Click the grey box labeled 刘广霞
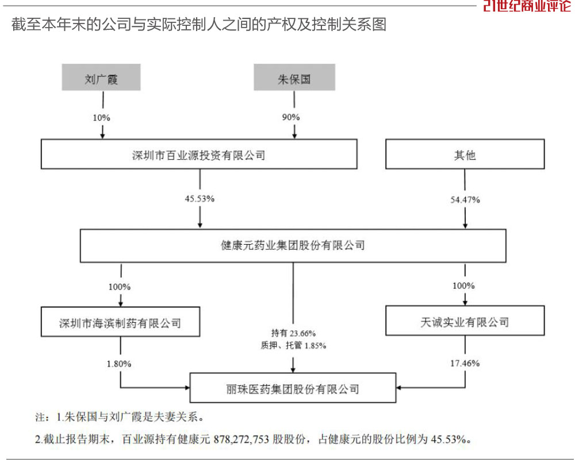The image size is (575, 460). click(x=101, y=78)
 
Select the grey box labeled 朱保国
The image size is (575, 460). click(x=294, y=78)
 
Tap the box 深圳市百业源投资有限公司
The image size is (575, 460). click(x=199, y=154)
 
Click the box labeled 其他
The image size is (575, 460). click(x=465, y=154)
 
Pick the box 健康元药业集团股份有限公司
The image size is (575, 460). click(x=293, y=246)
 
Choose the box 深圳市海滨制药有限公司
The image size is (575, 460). click(x=120, y=322)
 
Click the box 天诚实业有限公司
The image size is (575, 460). click(x=465, y=320)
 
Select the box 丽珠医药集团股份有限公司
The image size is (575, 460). click(x=293, y=388)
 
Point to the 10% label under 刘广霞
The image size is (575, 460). click(x=102, y=118)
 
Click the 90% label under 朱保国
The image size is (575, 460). click(x=291, y=117)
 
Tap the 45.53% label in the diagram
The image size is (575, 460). click(x=200, y=199)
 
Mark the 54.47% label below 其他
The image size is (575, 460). click(x=465, y=200)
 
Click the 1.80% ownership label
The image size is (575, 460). click(x=119, y=364)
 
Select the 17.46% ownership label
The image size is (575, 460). click(x=465, y=364)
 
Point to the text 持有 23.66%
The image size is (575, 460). click(x=293, y=333)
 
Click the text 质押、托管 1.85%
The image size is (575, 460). click(x=293, y=345)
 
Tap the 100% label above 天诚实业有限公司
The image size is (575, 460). click(x=463, y=285)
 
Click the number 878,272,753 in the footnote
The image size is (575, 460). click(x=241, y=439)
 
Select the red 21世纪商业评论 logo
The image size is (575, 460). click(x=527, y=6)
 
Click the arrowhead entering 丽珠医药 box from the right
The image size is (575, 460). click(x=398, y=388)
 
